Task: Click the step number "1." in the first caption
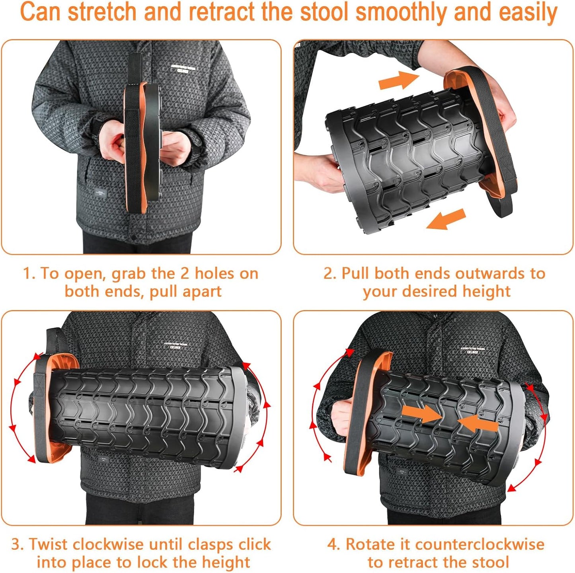(29, 274)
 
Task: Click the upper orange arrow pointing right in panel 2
(398, 81)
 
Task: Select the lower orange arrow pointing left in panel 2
(446, 220)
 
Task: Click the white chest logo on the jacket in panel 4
(472, 350)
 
